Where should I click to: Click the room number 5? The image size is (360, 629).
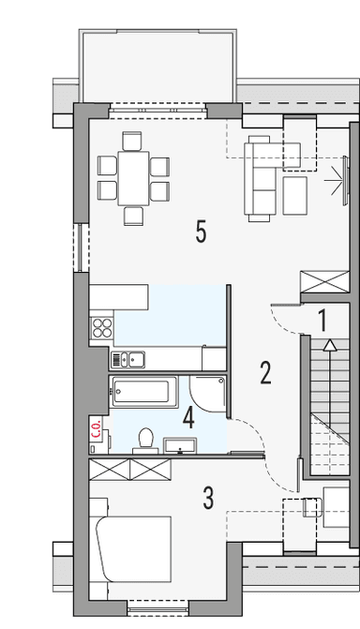click(x=201, y=232)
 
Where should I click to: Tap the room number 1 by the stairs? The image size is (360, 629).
click(x=322, y=320)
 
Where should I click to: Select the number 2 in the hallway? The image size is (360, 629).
click(x=265, y=373)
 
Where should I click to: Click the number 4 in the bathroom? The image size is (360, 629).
click(x=188, y=416)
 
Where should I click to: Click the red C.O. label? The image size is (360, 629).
click(x=97, y=430)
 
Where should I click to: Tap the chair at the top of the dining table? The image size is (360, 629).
click(x=131, y=142)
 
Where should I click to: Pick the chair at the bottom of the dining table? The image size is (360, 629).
click(x=131, y=215)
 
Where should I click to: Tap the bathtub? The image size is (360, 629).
click(x=142, y=391)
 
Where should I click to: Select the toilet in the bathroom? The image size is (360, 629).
click(x=145, y=439)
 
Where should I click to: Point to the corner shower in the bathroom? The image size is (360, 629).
click(x=208, y=394)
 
